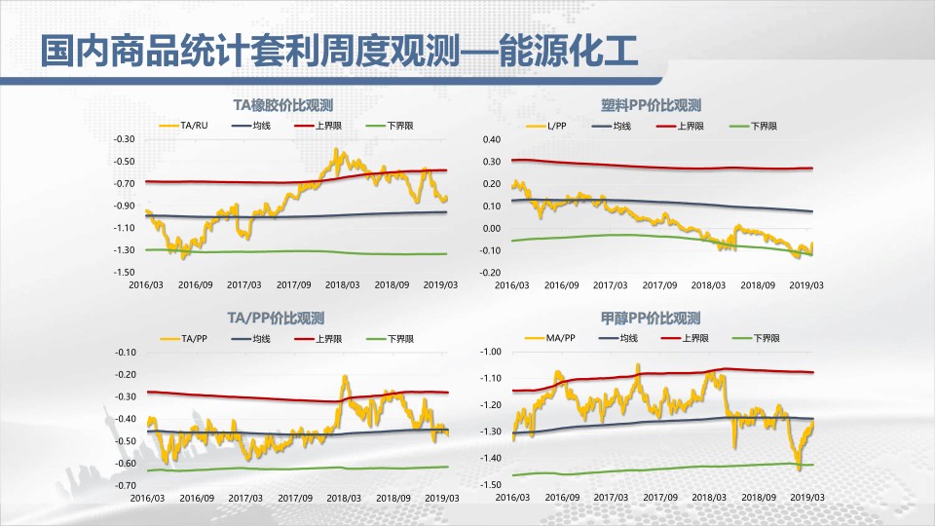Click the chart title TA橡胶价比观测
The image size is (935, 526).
pyautogui.click(x=282, y=105)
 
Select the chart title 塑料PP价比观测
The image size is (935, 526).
pyautogui.click(x=651, y=105)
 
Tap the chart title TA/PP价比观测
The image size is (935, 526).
pyautogui.click(x=276, y=318)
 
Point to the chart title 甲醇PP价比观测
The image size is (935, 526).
pyautogui.click(x=650, y=319)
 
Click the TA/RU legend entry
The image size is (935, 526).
pyautogui.click(x=184, y=126)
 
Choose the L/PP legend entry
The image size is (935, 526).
pyautogui.click(x=546, y=126)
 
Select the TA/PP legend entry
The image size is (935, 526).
pyautogui.click(x=184, y=339)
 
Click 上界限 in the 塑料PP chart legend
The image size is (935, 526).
pyautogui.click(x=680, y=126)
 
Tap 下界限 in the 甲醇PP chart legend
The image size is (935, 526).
pyautogui.click(x=756, y=338)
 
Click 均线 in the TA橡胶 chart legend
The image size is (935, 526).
pyautogui.click(x=251, y=126)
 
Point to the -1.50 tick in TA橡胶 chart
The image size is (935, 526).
pyautogui.click(x=124, y=272)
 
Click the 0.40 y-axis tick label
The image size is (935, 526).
pyautogui.click(x=492, y=139)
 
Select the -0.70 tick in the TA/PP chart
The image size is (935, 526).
pyautogui.click(x=126, y=485)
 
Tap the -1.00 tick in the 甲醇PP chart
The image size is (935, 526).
pyautogui.click(x=491, y=352)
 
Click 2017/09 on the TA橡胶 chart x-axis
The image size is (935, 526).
pyautogui.click(x=293, y=285)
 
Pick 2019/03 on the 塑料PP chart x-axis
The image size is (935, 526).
pyautogui.click(x=806, y=285)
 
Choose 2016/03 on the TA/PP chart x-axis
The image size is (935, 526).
pyautogui.click(x=147, y=498)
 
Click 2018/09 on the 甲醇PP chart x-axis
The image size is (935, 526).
pyautogui.click(x=759, y=498)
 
